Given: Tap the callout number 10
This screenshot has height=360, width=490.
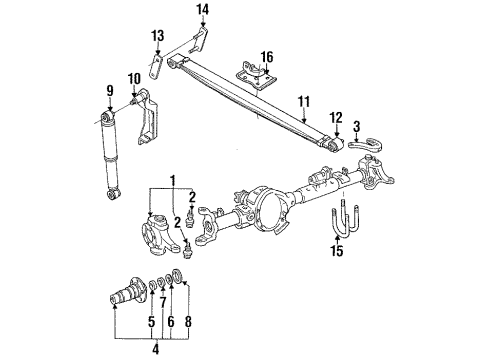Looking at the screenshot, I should (134, 79).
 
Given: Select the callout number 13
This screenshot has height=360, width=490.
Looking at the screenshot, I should (157, 37).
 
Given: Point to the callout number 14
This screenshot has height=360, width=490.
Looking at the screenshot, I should (203, 11).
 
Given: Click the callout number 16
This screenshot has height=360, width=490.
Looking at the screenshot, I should (267, 57).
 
